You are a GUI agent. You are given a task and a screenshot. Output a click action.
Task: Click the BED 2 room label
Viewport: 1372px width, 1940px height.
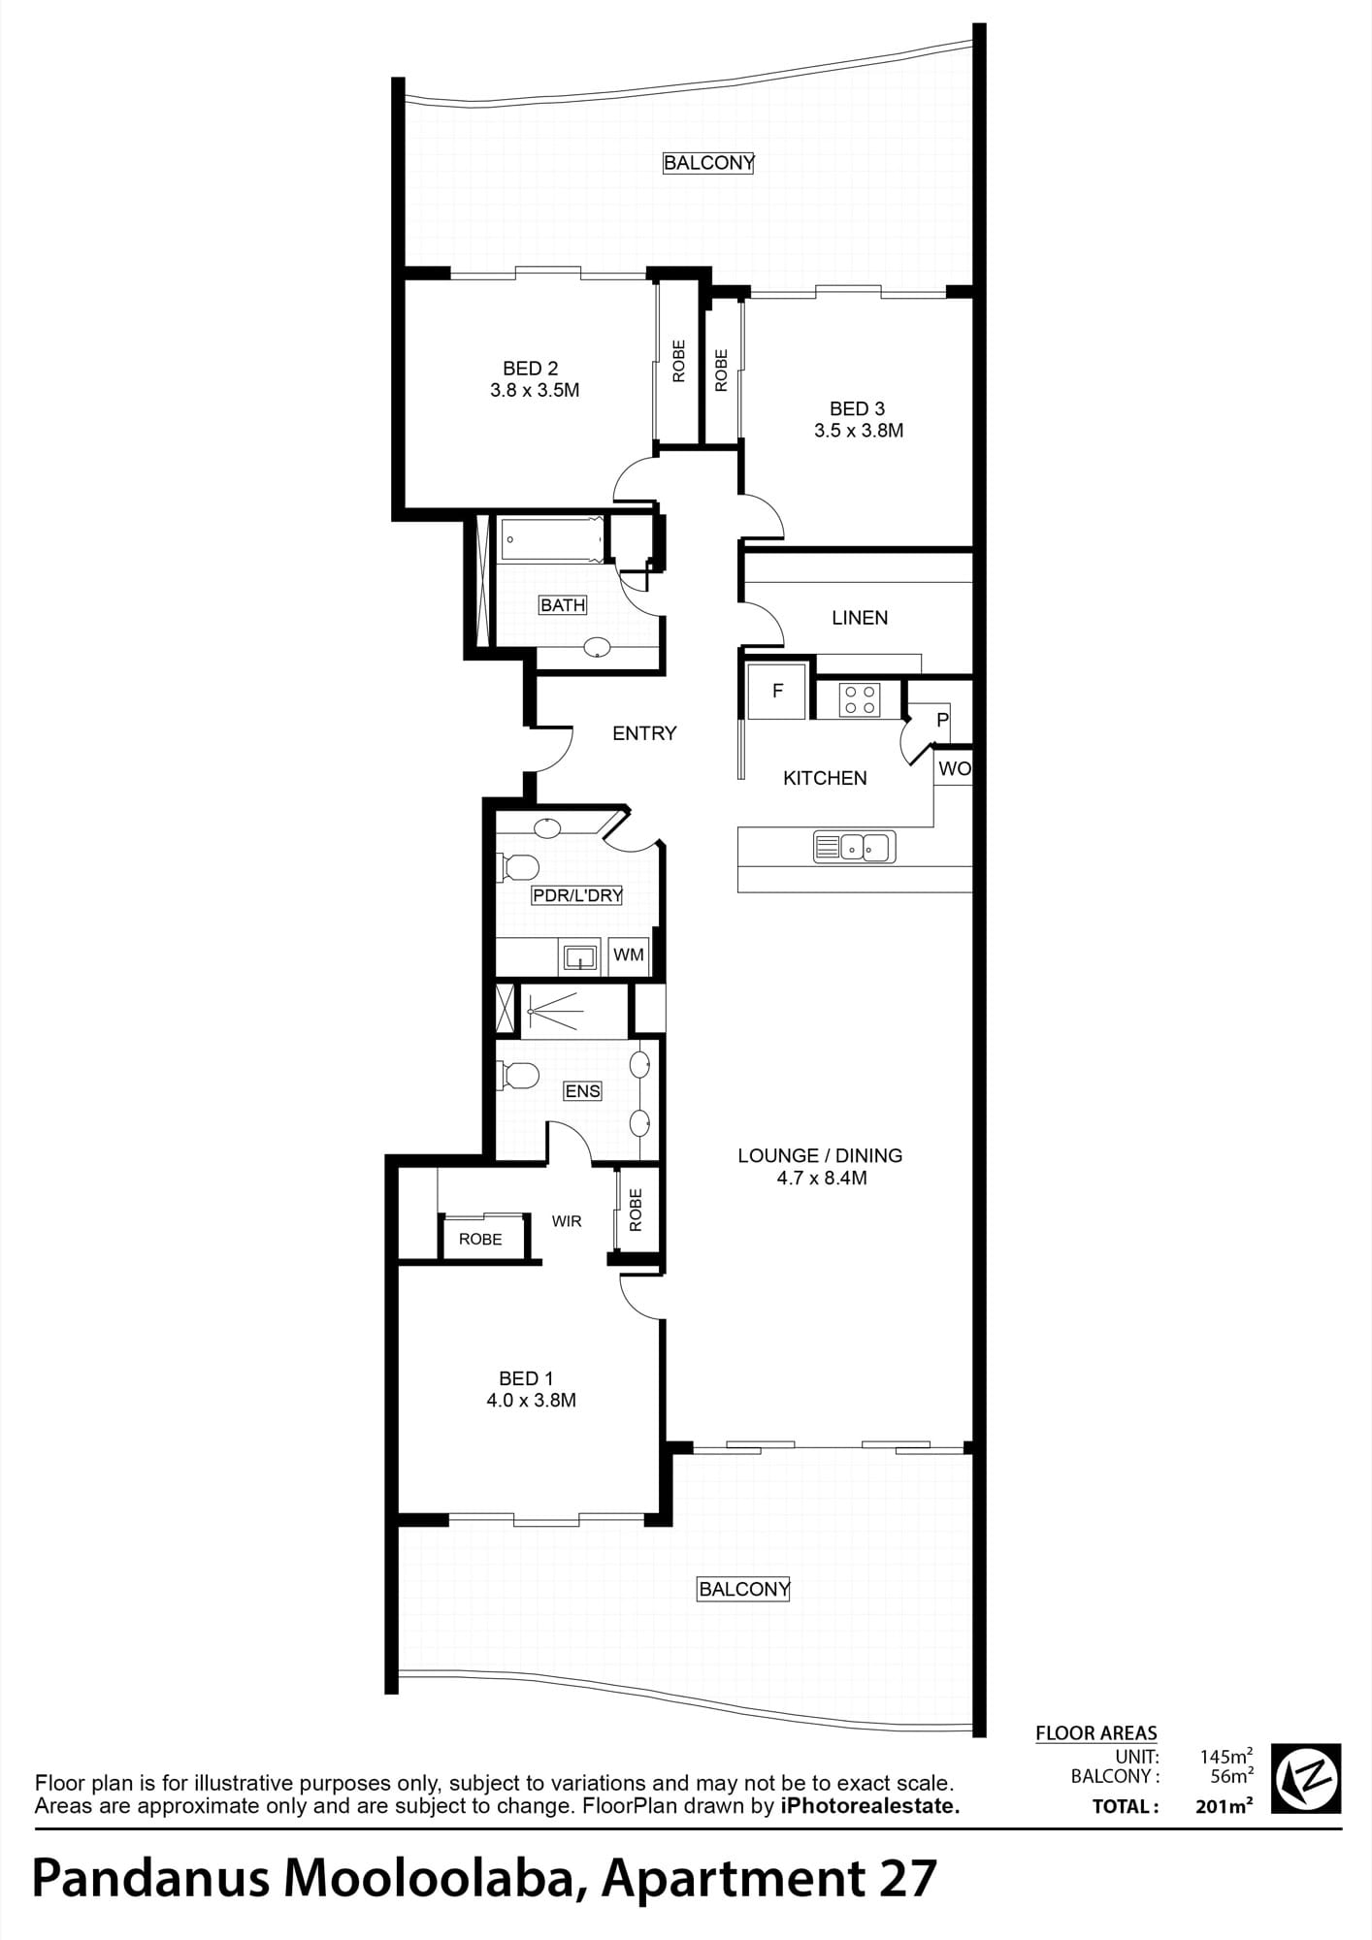(530, 369)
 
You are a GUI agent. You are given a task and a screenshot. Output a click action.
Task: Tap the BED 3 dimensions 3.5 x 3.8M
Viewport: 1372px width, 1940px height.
(859, 431)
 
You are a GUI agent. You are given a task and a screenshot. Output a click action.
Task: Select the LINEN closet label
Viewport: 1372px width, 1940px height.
(860, 618)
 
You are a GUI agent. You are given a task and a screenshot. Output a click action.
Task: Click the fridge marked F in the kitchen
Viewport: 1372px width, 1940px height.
(777, 691)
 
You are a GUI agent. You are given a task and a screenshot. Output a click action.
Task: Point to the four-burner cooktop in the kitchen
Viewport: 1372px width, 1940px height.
(860, 699)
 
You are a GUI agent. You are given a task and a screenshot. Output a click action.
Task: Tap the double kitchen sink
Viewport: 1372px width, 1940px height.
(854, 848)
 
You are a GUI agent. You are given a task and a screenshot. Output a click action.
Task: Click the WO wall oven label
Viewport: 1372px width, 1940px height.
(954, 769)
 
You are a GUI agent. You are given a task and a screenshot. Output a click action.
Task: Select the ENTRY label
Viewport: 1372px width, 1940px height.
(644, 733)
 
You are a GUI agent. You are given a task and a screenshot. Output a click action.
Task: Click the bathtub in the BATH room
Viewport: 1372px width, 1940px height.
(551, 538)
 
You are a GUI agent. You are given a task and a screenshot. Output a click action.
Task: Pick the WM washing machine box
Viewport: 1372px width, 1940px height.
(629, 955)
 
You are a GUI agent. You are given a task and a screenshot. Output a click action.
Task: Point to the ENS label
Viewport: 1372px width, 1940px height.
(582, 1091)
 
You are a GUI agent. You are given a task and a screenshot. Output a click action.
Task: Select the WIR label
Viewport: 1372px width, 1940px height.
(567, 1221)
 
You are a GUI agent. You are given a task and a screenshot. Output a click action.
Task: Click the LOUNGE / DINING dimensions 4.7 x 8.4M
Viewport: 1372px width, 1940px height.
(822, 1179)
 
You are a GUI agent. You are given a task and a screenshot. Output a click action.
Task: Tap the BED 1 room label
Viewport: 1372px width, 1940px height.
(526, 1378)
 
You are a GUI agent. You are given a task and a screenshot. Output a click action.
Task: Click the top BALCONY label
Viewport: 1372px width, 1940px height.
(708, 163)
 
